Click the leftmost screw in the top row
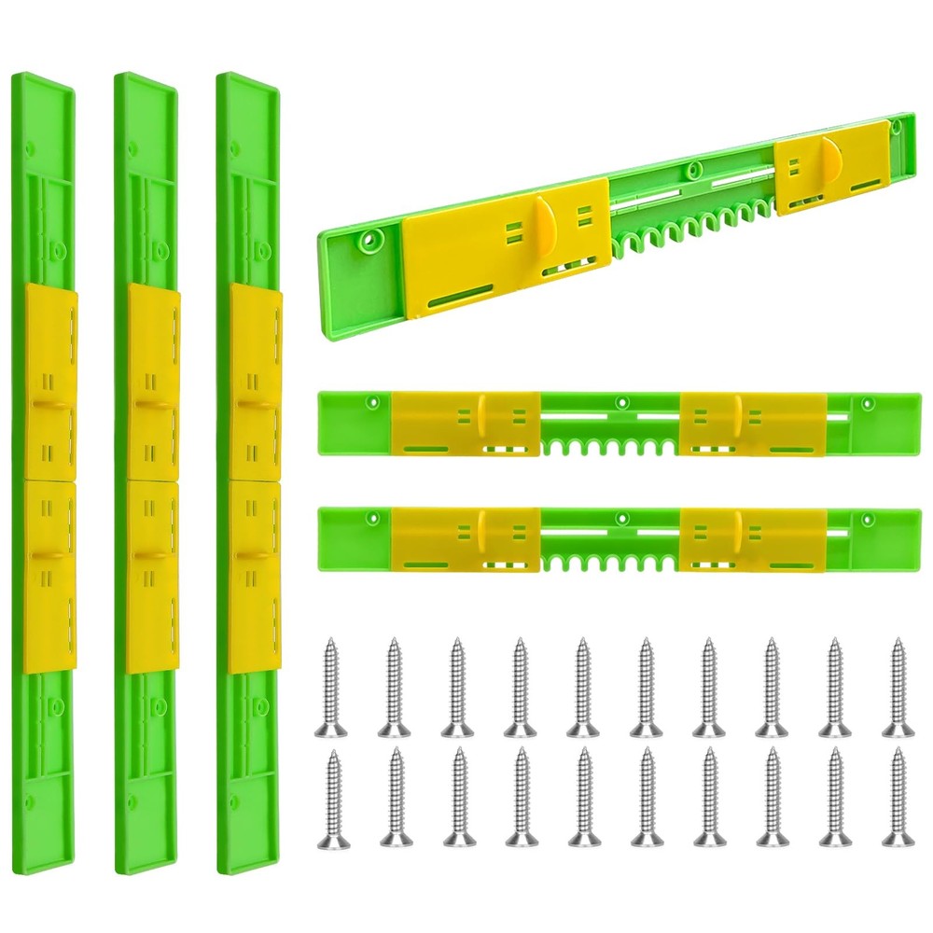(x=329, y=685)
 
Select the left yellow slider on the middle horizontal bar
(x=466, y=424)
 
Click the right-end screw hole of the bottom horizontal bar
(x=868, y=516)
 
